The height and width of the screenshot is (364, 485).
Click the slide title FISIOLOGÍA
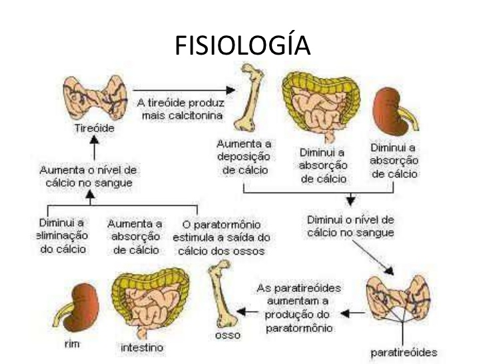point(242,46)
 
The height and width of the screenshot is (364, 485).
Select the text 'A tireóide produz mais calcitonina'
point(181,109)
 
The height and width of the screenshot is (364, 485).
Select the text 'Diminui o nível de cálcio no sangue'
point(350,226)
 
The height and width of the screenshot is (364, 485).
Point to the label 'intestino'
point(143,347)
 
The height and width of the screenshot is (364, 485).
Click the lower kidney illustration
point(78,307)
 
